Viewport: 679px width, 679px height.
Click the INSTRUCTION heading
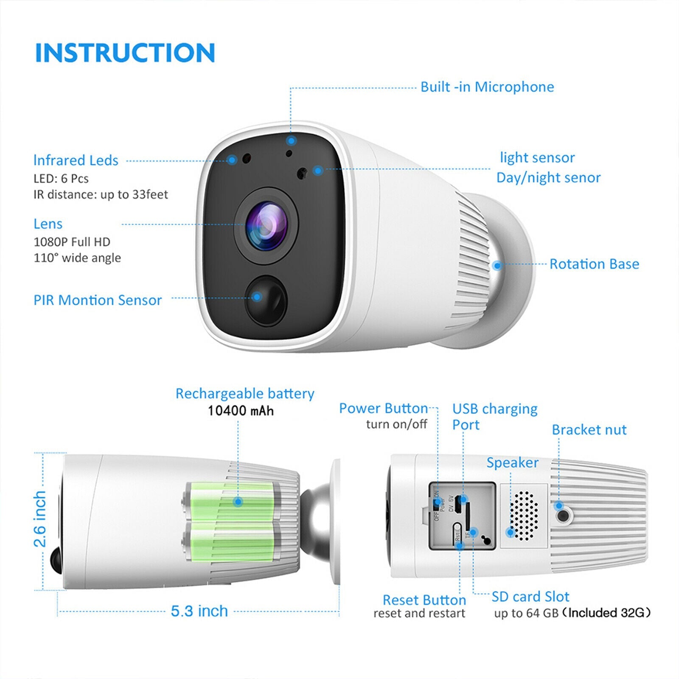pos(125,53)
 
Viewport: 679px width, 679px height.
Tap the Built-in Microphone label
pos(487,87)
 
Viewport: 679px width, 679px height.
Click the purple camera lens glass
pos(266,225)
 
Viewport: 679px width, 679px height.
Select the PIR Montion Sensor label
pos(98,300)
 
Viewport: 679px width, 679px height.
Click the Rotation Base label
pos(594,264)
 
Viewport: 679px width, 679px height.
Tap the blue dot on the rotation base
pos(497,266)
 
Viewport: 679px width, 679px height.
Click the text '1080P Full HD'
pos(72,242)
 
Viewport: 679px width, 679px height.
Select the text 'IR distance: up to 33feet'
pos(101,194)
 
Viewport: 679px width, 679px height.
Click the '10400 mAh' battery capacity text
pos(241,411)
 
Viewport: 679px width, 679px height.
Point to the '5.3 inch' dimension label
pos(199,611)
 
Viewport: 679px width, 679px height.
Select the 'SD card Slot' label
pos(530,597)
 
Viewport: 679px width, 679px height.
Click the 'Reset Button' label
pos(424,600)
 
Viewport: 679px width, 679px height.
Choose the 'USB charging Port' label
pos(494,416)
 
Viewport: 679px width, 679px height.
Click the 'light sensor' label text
pos(537,157)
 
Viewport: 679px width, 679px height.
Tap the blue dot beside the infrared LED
pos(232,160)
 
